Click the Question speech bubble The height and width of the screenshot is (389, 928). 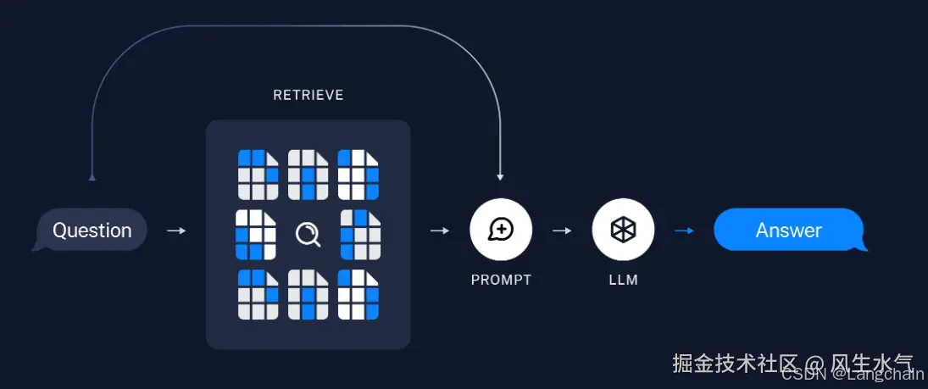(92, 230)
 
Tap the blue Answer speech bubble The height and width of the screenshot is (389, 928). (788, 230)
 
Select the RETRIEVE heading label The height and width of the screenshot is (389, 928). (308, 95)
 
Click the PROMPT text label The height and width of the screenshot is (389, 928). (501, 280)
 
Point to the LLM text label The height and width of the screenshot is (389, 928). (623, 280)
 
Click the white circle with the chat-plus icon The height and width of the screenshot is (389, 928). (501, 230)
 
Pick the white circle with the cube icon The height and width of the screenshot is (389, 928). (623, 230)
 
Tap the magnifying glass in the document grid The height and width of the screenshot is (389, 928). (308, 235)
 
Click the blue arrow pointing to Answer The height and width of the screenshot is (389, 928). (684, 231)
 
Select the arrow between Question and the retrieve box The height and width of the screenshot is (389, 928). (176, 231)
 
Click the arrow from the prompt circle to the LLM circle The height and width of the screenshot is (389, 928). (562, 231)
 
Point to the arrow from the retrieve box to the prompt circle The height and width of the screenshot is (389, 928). (440, 231)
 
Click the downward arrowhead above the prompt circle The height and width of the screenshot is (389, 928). (500, 177)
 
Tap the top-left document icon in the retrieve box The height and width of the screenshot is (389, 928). (258, 175)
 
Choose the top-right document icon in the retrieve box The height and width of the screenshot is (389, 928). (358, 175)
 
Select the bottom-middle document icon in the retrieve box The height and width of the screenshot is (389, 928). (308, 294)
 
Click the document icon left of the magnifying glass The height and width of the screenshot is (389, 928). (256, 235)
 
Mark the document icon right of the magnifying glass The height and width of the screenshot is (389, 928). (360, 235)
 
